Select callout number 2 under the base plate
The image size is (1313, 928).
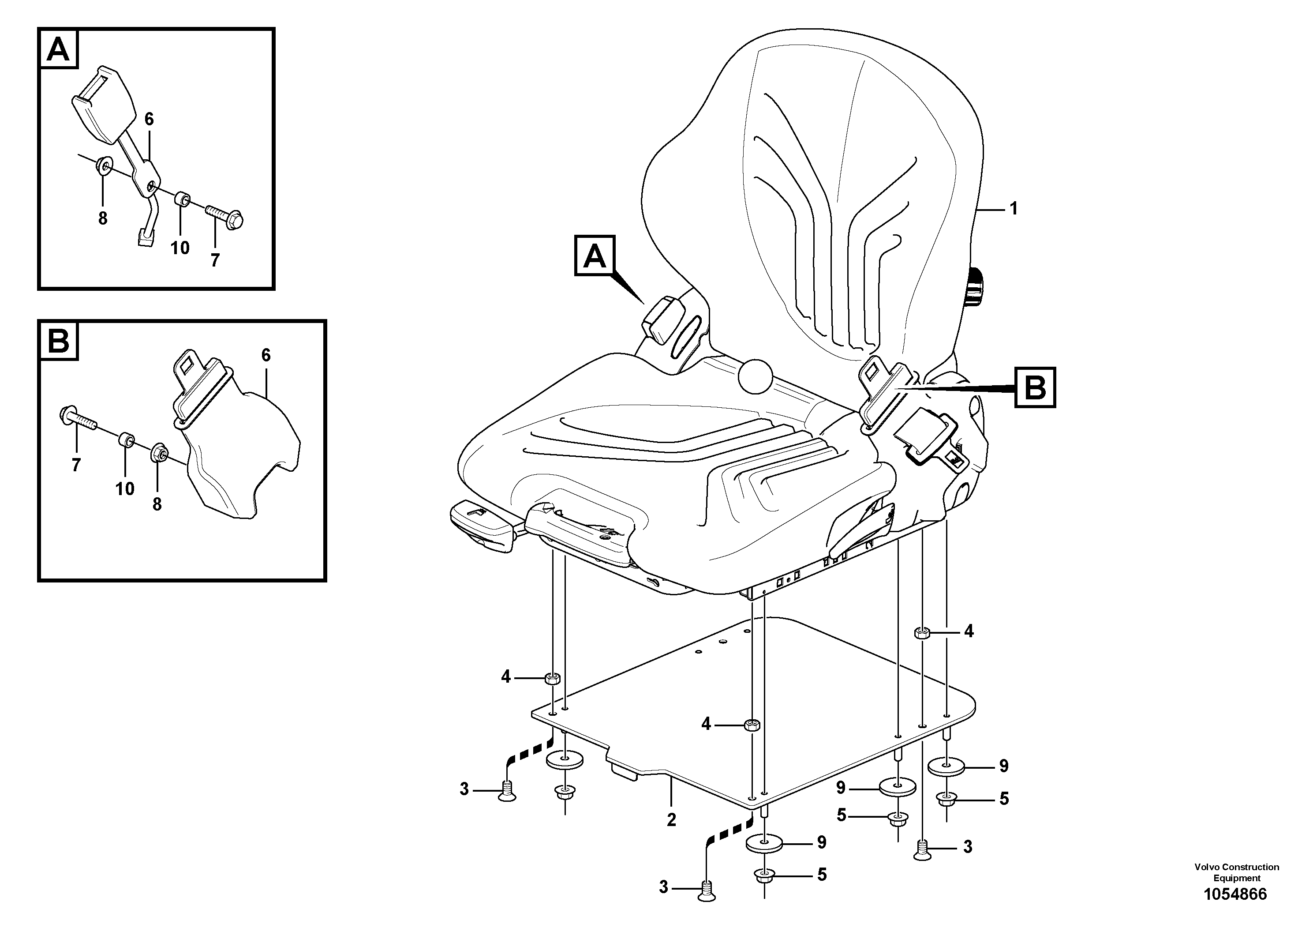point(671,820)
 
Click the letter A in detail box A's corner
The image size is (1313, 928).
point(58,50)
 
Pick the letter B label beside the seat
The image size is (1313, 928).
point(1035,388)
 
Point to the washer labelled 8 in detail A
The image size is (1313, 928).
point(104,166)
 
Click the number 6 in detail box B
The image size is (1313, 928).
point(266,355)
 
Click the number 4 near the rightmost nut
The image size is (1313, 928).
point(968,631)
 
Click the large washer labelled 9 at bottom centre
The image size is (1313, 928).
point(764,843)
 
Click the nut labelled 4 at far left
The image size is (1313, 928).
point(552,679)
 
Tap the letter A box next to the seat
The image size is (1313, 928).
point(594,256)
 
